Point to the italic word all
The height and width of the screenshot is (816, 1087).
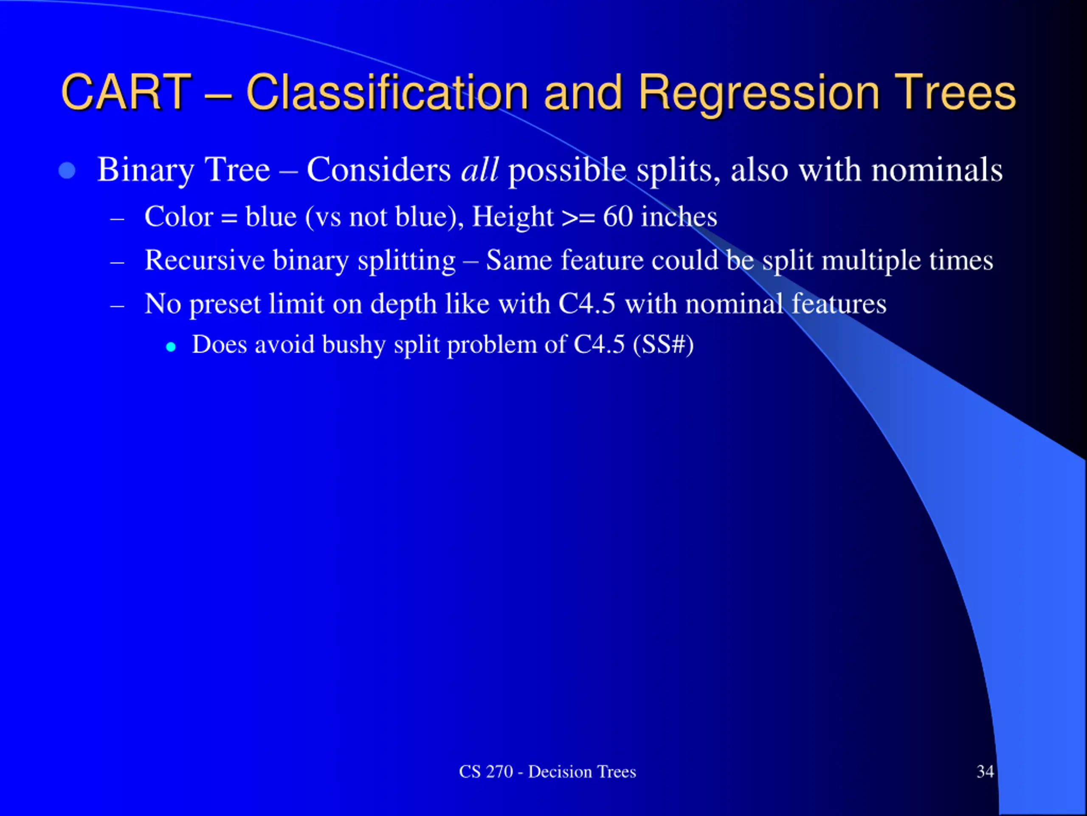(x=480, y=170)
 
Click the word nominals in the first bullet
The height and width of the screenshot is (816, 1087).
(x=937, y=170)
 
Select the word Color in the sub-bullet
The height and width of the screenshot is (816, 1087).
(x=179, y=216)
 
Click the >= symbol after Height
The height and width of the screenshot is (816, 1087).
(x=578, y=218)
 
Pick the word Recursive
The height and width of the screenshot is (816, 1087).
(x=204, y=260)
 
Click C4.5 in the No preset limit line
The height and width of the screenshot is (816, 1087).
(x=587, y=303)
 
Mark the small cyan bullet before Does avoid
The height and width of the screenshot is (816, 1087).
(x=171, y=347)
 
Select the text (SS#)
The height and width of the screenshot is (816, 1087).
(x=663, y=344)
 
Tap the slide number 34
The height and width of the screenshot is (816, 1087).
(x=985, y=772)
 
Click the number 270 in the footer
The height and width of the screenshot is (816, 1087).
(x=499, y=772)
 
